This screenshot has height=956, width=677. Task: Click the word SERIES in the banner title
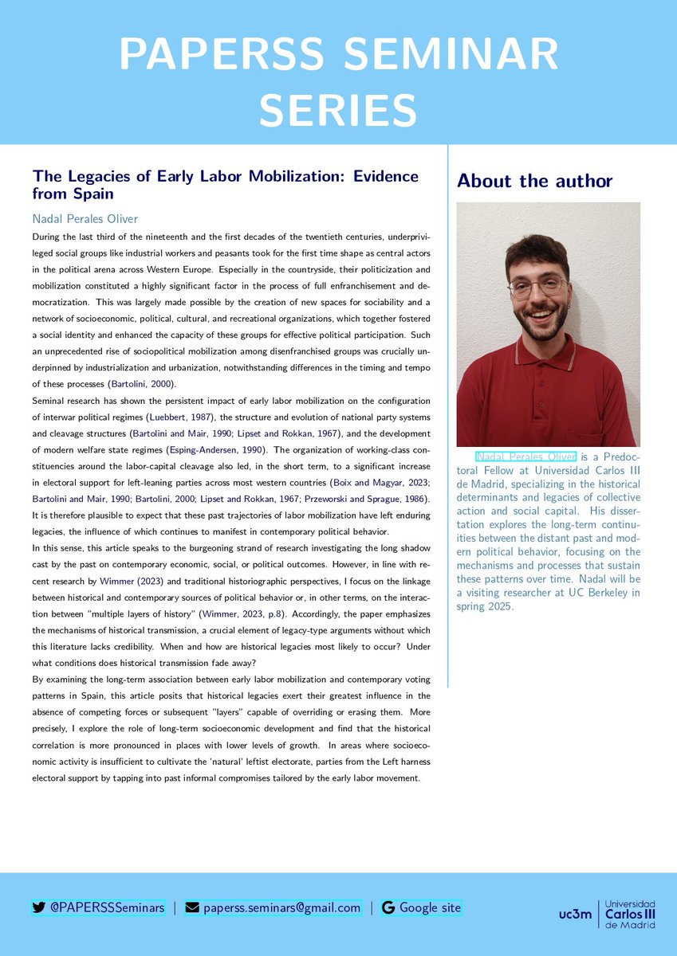tap(338, 109)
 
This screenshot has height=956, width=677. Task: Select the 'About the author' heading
tap(534, 181)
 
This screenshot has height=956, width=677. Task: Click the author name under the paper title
tap(85, 218)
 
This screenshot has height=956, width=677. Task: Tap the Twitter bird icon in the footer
tap(38, 907)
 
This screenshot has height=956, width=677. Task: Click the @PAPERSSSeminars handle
tap(107, 907)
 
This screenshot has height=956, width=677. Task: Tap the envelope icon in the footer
tap(192, 907)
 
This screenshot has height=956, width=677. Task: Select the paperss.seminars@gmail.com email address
tap(281, 907)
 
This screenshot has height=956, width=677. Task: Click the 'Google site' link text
tap(430, 907)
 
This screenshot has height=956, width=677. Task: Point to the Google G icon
tap(389, 907)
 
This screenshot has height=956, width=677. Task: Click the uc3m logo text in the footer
tap(576, 914)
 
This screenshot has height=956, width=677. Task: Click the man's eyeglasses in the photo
tap(538, 286)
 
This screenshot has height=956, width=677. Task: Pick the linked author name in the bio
tap(525, 456)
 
